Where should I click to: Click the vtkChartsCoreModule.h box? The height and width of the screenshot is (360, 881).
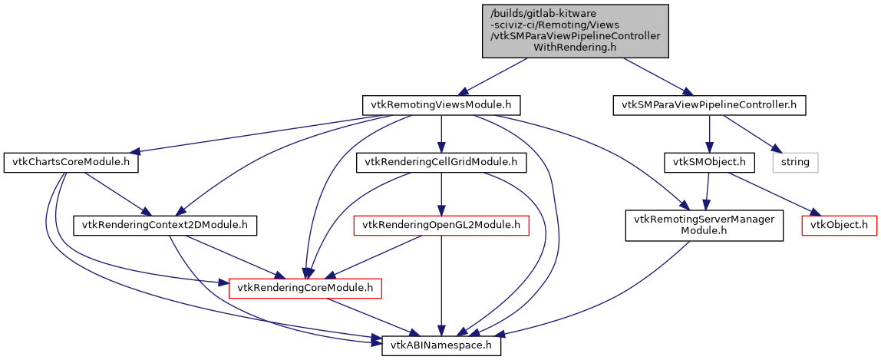tap(68, 163)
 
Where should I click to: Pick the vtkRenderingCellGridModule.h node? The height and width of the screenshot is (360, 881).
tap(441, 163)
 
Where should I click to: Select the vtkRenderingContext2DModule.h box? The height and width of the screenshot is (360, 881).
tap(164, 225)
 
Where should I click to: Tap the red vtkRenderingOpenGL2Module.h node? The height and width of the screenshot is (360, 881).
tap(441, 225)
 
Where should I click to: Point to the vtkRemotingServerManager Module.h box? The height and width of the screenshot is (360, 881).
tap(704, 225)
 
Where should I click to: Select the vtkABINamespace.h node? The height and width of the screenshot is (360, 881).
tap(442, 346)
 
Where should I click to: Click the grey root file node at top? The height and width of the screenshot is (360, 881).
tap(575, 31)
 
